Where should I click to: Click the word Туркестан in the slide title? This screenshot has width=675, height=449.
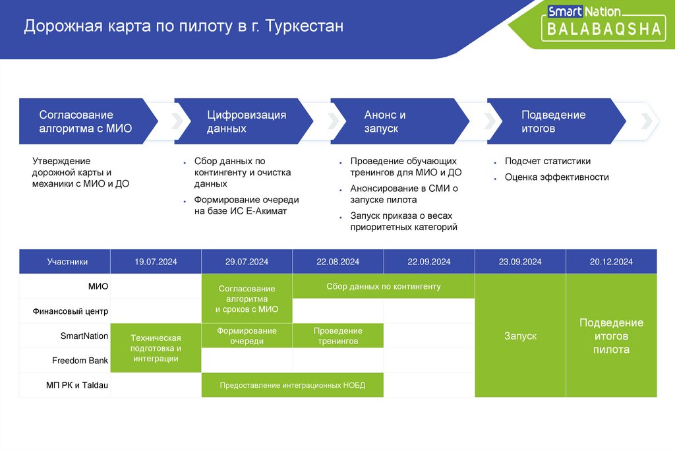(x=305, y=27)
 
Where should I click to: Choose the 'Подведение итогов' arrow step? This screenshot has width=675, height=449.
(x=554, y=121)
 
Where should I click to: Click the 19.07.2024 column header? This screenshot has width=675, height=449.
(x=156, y=262)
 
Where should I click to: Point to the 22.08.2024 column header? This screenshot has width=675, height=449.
(x=337, y=262)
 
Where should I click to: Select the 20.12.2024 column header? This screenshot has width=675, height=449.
(x=611, y=262)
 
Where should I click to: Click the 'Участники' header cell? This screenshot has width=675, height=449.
(x=67, y=262)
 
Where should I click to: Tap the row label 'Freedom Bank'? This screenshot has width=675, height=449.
(x=80, y=361)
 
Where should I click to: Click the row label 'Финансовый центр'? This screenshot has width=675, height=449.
(x=71, y=311)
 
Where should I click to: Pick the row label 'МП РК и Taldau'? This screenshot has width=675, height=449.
(x=76, y=385)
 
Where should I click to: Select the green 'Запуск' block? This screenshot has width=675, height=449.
(x=520, y=336)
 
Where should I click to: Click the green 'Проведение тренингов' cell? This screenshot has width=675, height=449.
(x=337, y=336)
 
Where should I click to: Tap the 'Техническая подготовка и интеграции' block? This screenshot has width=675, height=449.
(x=156, y=348)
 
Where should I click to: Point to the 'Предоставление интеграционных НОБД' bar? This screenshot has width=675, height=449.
(x=292, y=385)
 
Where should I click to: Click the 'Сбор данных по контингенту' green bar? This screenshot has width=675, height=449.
(x=383, y=287)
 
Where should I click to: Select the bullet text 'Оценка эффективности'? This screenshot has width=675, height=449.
(x=556, y=177)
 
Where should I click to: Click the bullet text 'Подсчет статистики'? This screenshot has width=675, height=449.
(x=547, y=161)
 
